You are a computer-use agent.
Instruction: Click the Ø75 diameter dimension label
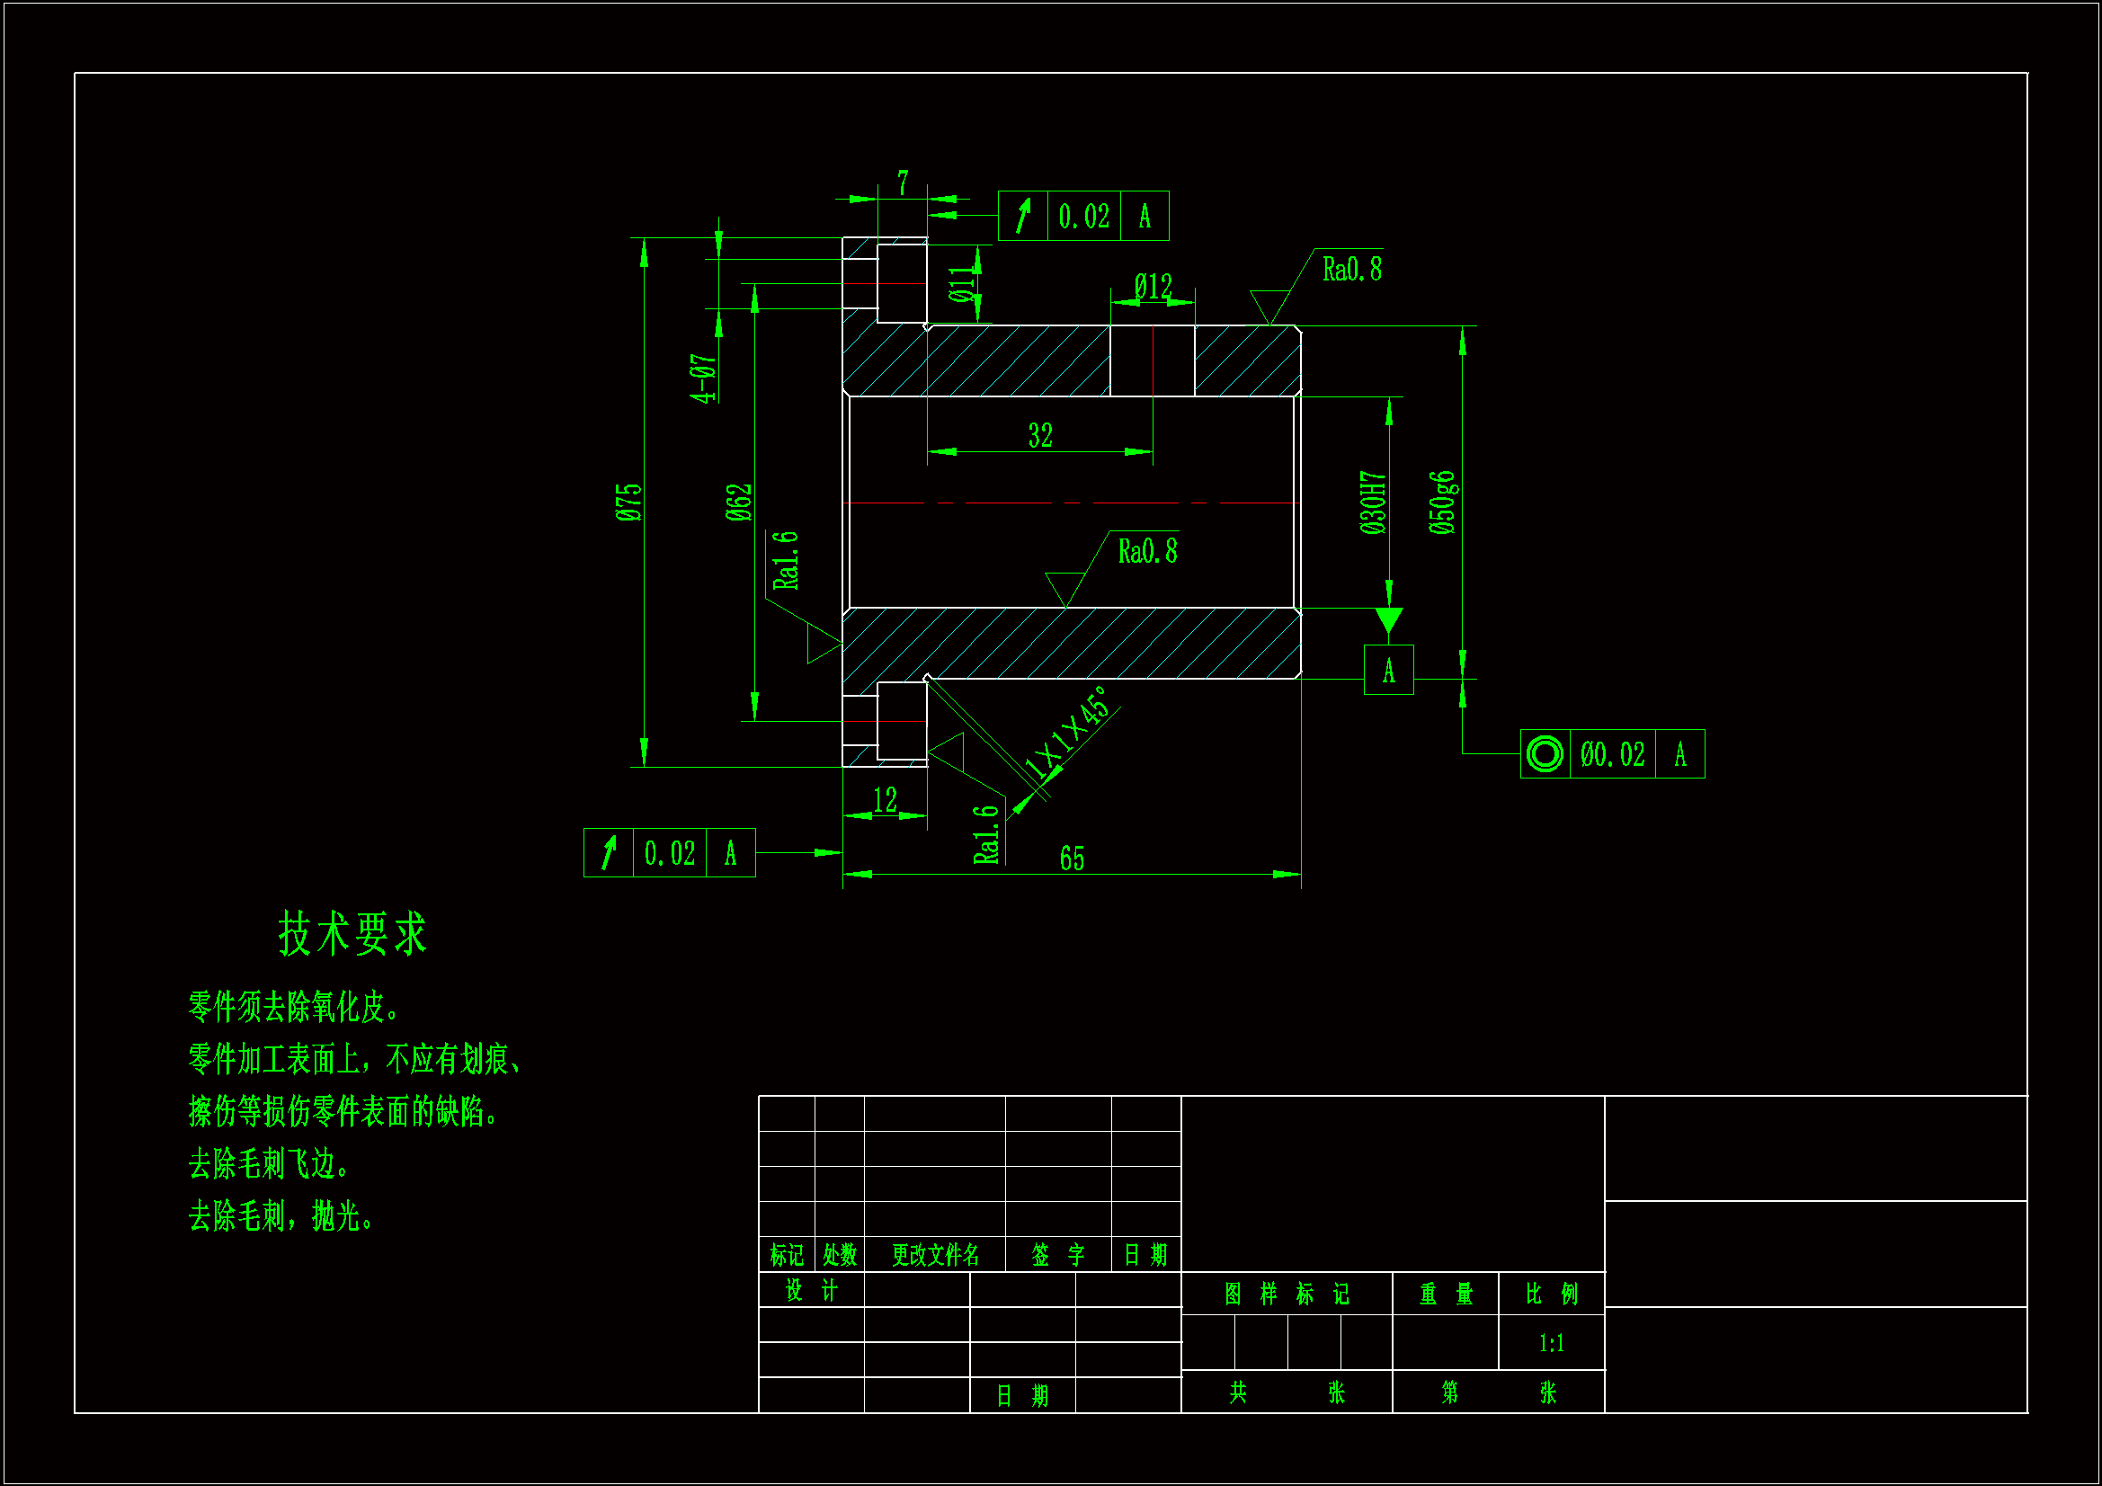(629, 503)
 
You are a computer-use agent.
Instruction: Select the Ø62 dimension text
(739, 503)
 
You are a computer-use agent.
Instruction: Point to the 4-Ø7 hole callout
(703, 378)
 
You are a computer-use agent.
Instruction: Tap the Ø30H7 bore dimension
(1372, 503)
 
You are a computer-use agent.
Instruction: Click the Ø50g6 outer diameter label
(1442, 503)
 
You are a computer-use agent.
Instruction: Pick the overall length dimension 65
(1072, 859)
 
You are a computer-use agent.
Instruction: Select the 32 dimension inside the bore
(1040, 435)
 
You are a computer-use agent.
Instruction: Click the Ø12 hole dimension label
(1153, 287)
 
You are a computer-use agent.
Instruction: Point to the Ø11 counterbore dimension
(959, 285)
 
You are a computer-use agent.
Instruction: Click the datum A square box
(1388, 671)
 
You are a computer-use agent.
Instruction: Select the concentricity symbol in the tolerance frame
(1545, 754)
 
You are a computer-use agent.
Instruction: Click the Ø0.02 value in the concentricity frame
(1612, 754)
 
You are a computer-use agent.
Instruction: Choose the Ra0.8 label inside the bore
(1147, 551)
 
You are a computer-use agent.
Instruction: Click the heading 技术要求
(352, 934)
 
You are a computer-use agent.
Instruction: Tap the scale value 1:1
(1551, 1343)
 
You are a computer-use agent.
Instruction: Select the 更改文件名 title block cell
(935, 1254)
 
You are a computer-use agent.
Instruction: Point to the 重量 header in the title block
(1446, 1294)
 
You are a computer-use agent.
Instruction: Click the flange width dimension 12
(885, 800)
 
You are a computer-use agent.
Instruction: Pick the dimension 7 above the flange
(903, 183)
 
